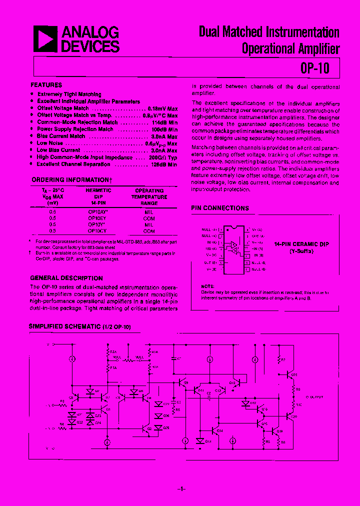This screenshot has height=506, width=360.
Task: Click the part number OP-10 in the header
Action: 315,67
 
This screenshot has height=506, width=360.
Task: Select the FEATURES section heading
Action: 46,85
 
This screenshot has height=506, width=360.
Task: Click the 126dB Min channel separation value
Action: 165,164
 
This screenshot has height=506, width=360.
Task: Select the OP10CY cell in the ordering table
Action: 98,231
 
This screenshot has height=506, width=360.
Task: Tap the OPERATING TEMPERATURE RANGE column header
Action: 149,197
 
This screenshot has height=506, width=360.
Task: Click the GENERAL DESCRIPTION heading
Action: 66,278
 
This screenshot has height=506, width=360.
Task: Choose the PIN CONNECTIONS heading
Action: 220,208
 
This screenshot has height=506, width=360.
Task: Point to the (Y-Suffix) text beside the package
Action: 301,251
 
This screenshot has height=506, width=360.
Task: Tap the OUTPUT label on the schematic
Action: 315,397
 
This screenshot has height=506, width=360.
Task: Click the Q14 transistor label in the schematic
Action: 220,430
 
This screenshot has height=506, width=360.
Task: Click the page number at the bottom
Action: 181,488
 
